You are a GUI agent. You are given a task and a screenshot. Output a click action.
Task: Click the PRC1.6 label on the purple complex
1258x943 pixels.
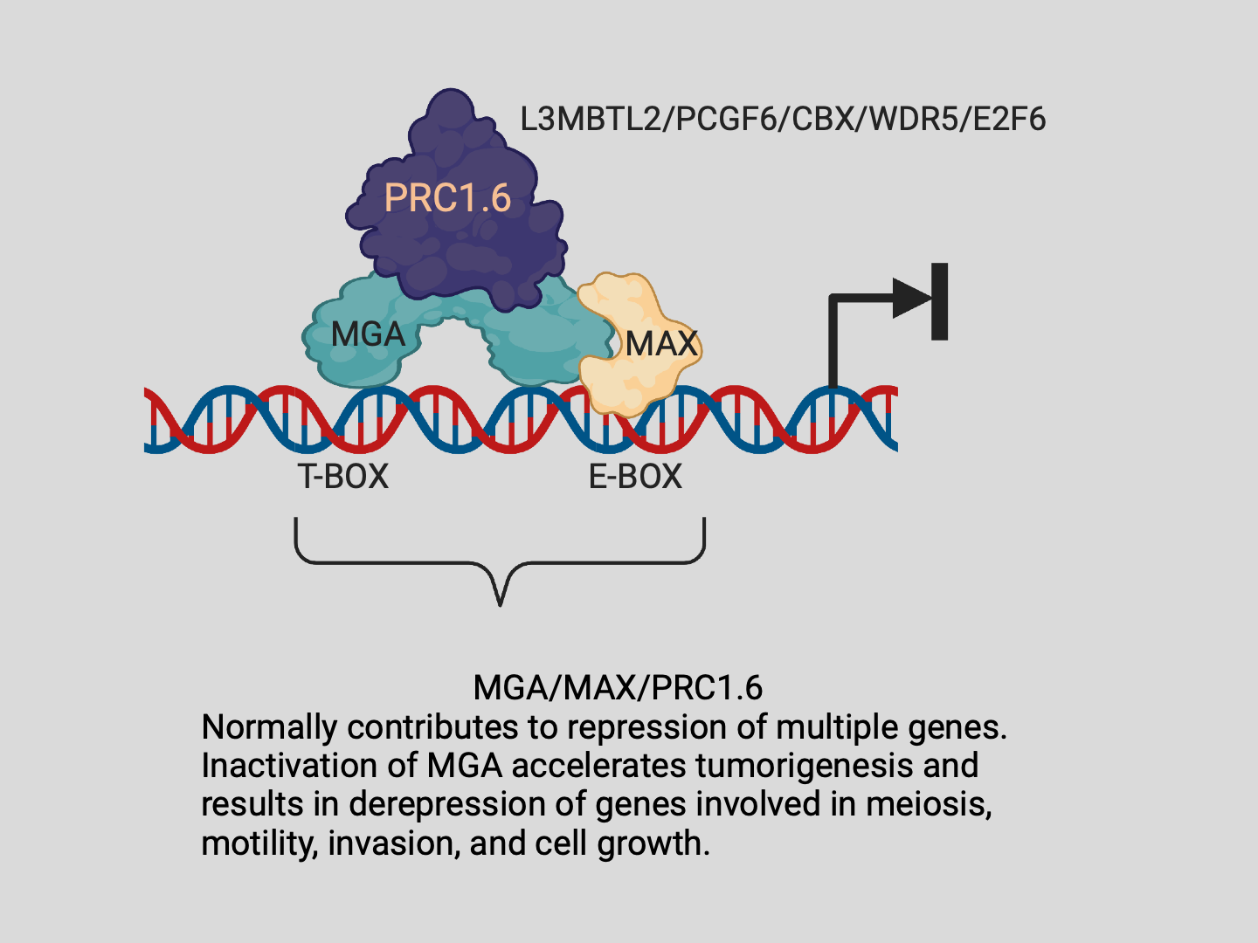click(447, 198)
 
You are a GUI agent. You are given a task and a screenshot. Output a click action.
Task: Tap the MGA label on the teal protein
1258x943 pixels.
click(368, 334)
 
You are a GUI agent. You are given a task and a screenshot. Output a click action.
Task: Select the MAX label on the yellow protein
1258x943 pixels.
click(662, 343)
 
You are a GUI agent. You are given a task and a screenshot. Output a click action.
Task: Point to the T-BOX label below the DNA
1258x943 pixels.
click(342, 477)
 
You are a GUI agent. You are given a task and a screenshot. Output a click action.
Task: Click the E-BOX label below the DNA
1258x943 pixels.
click(635, 477)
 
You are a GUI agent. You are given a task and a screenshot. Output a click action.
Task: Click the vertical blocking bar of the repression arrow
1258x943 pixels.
click(940, 301)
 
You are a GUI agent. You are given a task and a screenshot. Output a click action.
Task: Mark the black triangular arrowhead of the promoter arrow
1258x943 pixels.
click(911, 299)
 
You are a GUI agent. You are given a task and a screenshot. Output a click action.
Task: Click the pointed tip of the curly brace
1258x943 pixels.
click(500, 602)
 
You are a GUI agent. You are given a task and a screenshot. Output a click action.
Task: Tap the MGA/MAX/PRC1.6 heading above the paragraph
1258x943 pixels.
click(618, 688)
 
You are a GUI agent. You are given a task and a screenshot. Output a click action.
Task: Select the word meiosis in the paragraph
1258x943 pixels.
click(928, 804)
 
